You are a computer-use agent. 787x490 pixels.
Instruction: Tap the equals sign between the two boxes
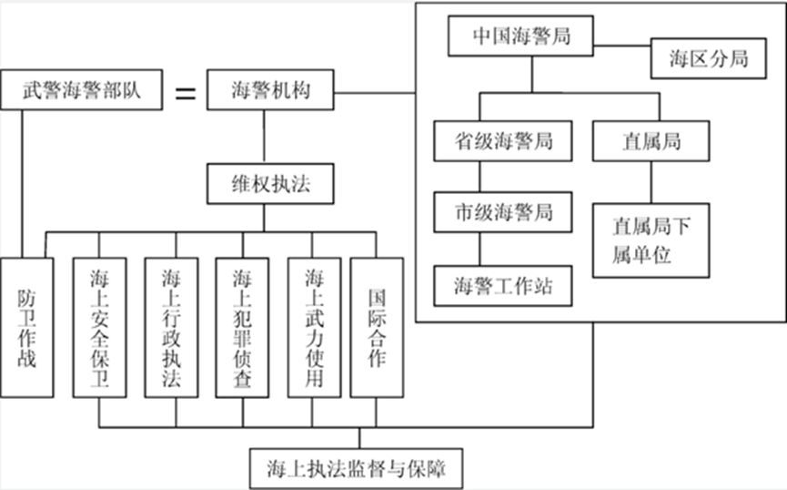pyautogui.click(x=184, y=92)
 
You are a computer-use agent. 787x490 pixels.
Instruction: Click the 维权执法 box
pyautogui.click(x=265, y=184)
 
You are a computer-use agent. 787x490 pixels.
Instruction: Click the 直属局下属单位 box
pyautogui.click(x=651, y=239)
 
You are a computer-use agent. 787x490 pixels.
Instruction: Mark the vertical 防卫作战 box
pyautogui.click(x=26, y=328)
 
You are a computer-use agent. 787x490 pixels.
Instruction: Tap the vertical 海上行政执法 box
pyautogui.click(x=171, y=328)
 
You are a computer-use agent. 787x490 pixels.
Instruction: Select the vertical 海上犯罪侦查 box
pyautogui.click(x=242, y=328)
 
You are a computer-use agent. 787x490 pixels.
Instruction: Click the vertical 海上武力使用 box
pyautogui.click(x=314, y=328)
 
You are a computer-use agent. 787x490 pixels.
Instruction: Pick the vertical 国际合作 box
pyautogui.click(x=377, y=328)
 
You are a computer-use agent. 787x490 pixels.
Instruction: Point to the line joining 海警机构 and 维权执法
pyautogui.click(x=265, y=137)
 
